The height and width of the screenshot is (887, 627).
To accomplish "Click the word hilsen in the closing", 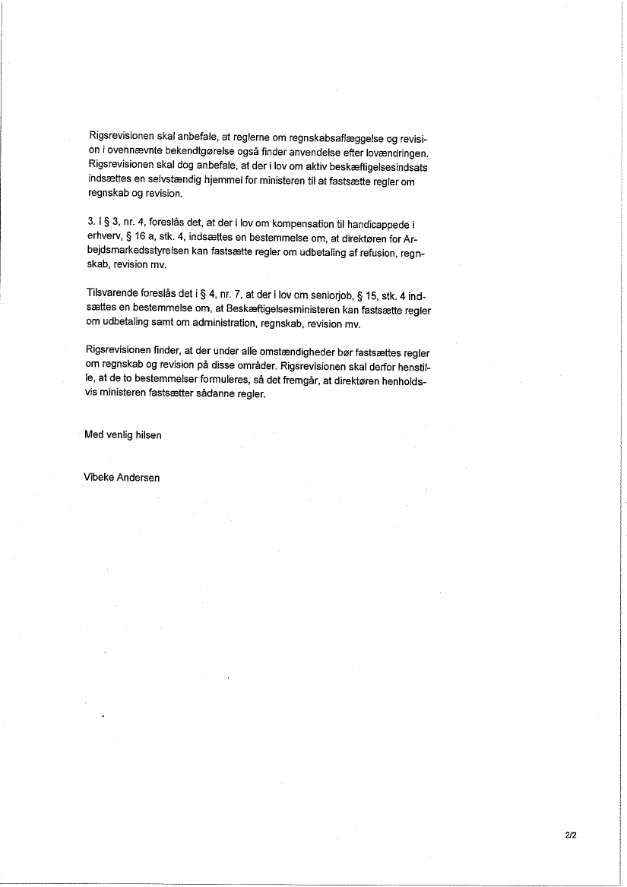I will pos(147,435).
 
